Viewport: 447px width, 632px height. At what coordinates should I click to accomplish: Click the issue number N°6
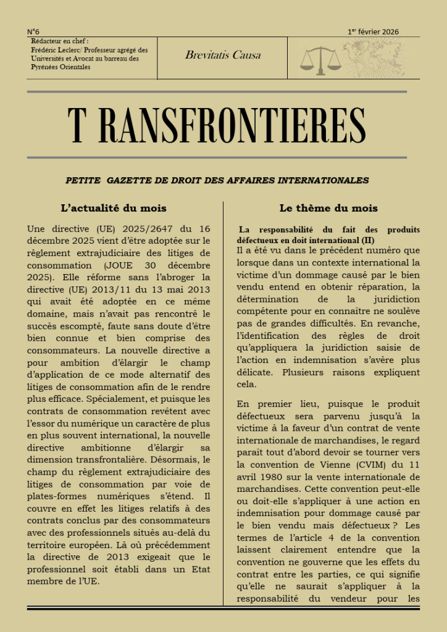[33, 31]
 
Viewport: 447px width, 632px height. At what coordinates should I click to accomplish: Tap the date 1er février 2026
[373, 31]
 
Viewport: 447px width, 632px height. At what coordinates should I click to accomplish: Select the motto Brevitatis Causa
[223, 55]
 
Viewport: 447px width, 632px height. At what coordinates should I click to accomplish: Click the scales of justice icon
[320, 59]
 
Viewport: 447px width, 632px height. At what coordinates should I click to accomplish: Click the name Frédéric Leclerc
[56, 50]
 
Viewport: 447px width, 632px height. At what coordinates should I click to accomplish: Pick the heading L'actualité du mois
[114, 208]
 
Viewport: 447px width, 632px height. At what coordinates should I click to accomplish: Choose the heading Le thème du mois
[328, 208]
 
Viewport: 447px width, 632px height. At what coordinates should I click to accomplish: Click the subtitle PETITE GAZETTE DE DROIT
[217, 180]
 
